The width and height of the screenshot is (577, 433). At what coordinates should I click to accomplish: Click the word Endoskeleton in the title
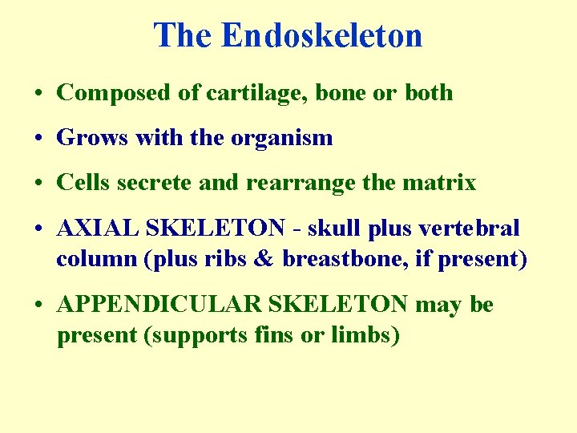(x=321, y=36)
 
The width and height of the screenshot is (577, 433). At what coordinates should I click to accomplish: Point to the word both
(x=429, y=93)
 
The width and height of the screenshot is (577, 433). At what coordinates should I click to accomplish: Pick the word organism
(x=281, y=138)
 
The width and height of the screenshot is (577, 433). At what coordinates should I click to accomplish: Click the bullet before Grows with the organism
(x=39, y=139)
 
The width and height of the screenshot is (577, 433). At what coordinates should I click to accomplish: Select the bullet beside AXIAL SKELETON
(x=39, y=229)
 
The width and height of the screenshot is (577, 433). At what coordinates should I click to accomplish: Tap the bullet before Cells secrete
(x=39, y=184)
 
